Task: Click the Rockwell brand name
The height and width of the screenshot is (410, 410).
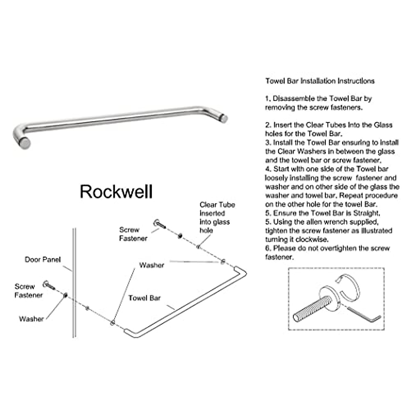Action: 116,192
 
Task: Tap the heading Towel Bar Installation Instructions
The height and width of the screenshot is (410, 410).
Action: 320,81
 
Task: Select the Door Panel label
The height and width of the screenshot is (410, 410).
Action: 42,260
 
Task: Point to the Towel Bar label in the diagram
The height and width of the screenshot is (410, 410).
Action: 144,298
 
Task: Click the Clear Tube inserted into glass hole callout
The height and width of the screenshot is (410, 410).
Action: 217,217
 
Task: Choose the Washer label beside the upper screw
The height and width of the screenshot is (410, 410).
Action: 151,265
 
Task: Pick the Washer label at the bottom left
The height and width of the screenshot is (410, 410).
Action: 31,319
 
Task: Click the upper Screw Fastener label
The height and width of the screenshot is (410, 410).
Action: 133,234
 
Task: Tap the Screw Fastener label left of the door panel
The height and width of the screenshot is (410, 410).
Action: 28,291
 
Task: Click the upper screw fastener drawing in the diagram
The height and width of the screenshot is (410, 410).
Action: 160,224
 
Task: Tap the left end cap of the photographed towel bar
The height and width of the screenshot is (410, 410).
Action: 25,143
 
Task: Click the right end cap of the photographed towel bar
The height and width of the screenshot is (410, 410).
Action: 224,118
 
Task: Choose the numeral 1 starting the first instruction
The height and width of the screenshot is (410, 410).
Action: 267,99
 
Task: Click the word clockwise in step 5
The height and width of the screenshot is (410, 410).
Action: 314,240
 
